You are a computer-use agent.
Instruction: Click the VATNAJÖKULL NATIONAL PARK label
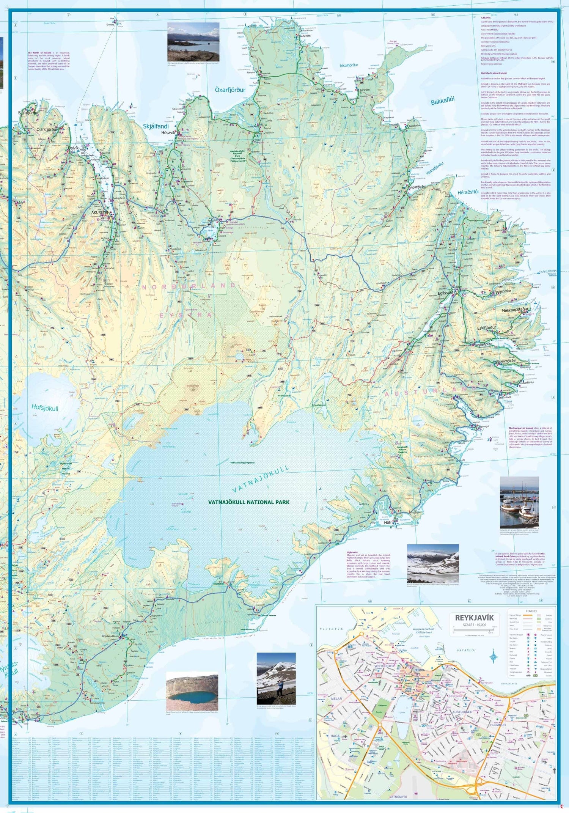(x=248, y=502)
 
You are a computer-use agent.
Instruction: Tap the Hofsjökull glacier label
(x=45, y=408)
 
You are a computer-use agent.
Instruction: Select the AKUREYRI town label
(x=99, y=213)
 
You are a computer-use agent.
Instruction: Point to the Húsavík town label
(x=168, y=133)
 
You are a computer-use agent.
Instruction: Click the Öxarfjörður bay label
(x=230, y=90)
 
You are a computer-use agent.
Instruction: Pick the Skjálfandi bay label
(x=156, y=126)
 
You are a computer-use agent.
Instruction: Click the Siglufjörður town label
(x=28, y=113)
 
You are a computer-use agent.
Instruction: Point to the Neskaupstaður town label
(x=515, y=310)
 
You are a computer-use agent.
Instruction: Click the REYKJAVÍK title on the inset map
(x=474, y=618)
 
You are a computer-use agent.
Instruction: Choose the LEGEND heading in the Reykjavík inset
(x=531, y=611)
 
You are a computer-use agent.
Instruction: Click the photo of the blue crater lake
(x=192, y=692)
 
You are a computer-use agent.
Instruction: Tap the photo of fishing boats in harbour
(x=519, y=502)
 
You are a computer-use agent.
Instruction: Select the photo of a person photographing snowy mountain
(x=276, y=678)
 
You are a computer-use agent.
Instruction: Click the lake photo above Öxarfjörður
(x=193, y=42)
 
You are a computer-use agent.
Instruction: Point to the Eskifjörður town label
(x=486, y=327)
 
